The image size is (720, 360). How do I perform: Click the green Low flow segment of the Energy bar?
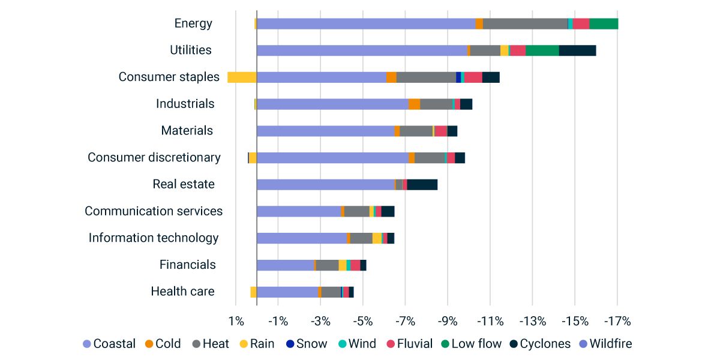coord(604,23)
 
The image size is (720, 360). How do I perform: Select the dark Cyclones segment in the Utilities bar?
coord(577,50)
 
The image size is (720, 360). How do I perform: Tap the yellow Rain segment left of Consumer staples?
coord(242,77)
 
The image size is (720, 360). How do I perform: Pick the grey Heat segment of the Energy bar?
coord(525,23)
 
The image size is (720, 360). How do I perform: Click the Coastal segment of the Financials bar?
coord(285,265)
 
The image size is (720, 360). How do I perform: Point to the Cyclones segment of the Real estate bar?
coord(422,184)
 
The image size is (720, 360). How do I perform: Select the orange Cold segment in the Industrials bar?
coord(414,104)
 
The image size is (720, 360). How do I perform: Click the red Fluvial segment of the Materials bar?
coord(440,131)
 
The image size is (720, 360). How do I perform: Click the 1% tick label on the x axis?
coord(236,321)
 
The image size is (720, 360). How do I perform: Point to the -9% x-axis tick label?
coord(448,321)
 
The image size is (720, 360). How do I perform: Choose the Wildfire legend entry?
coord(610,344)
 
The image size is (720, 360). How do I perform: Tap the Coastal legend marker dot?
coord(86,344)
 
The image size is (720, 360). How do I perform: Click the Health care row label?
coord(182,292)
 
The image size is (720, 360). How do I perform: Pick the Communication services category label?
coord(154,211)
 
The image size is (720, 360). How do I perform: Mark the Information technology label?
coord(154,238)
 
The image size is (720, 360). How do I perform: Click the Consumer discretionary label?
coord(154,157)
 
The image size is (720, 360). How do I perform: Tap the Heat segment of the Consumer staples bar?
coord(426,77)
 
